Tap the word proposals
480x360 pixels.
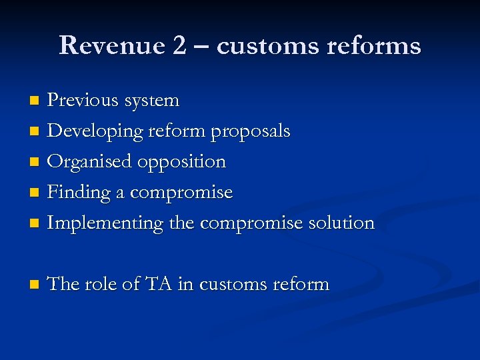pyautogui.click(x=251, y=132)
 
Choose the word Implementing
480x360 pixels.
pyautogui.click(x=105, y=223)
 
